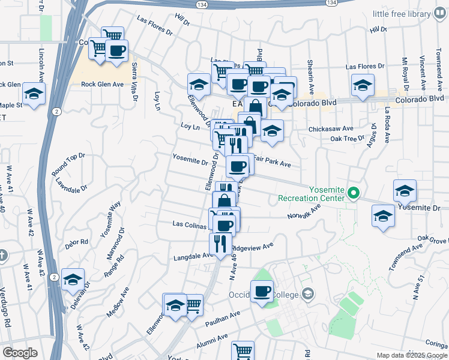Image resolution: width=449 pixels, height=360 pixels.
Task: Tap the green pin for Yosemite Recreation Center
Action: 354,193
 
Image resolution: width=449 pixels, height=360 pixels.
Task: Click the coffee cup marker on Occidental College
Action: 261,292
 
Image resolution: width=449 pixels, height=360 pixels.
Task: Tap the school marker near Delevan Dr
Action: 73,279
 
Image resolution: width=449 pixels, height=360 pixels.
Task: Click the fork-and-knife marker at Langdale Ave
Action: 220,244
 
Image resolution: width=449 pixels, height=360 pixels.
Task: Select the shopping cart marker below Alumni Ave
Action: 243,351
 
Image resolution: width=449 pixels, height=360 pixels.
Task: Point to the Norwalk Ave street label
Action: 304,211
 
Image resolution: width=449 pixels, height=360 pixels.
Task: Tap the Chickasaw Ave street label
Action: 328,129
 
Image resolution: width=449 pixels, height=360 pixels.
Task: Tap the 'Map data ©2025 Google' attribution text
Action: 412,355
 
